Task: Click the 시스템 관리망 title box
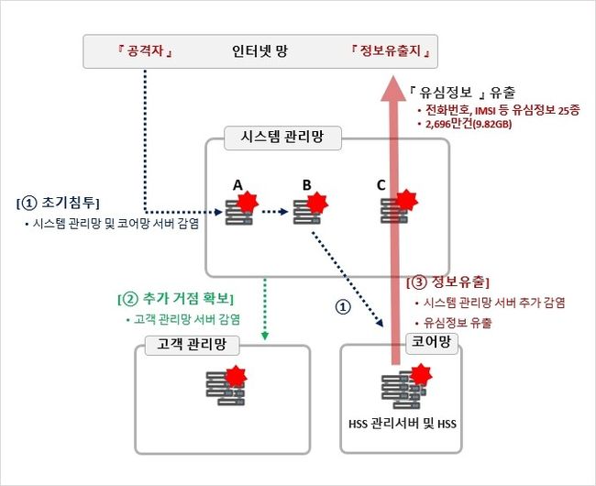[282, 138]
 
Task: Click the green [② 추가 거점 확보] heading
[177, 299]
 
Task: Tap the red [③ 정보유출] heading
[447, 282]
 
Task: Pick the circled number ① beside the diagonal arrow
[343, 308]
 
